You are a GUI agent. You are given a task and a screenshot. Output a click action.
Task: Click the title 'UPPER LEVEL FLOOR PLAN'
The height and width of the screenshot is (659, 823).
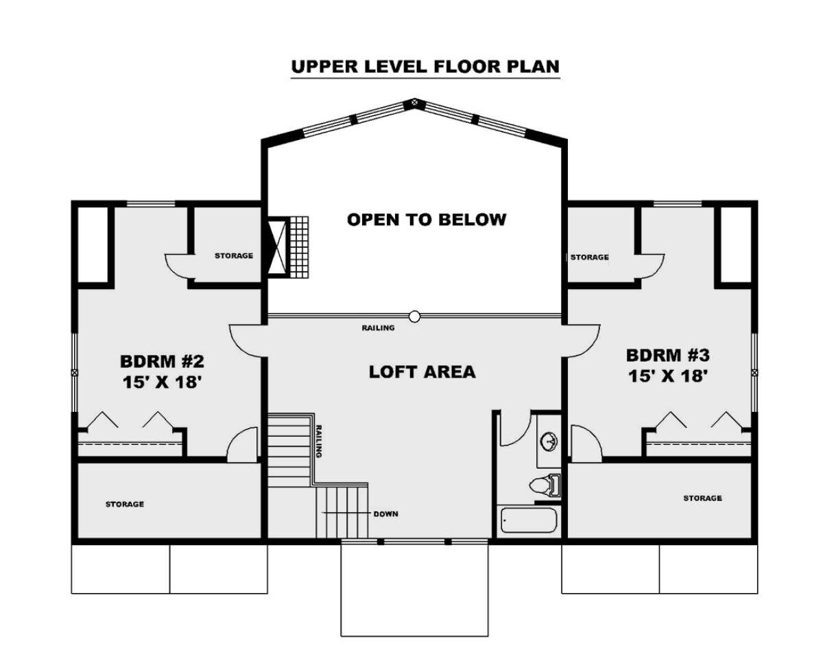(x=425, y=67)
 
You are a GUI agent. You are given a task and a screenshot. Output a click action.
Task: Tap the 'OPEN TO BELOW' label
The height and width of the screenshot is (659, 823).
(x=427, y=220)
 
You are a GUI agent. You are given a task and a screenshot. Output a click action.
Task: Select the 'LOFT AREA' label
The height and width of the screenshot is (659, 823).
(x=422, y=372)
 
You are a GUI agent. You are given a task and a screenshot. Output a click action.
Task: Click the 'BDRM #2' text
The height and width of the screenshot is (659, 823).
(x=162, y=361)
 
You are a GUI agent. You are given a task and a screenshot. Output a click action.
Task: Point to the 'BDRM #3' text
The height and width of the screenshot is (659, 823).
(x=668, y=356)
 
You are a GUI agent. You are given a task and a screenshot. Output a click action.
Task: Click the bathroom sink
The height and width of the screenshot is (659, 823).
(x=549, y=441)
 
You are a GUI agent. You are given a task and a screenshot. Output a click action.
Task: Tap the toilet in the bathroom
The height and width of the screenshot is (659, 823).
(x=545, y=485)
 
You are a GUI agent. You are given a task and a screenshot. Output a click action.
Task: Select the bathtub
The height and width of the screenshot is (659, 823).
(x=529, y=520)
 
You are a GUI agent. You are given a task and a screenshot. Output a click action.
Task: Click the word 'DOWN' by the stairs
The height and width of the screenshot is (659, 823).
(x=386, y=514)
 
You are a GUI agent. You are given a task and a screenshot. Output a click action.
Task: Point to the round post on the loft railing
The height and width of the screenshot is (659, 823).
(x=414, y=316)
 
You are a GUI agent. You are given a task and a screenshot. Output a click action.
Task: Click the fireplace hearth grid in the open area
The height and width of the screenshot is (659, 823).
(x=299, y=247)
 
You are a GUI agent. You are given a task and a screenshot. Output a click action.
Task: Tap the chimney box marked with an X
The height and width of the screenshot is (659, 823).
(x=277, y=247)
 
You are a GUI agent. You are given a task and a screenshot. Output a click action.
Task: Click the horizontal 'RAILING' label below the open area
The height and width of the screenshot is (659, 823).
(x=378, y=327)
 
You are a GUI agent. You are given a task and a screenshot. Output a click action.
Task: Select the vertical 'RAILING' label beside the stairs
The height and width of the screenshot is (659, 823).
(x=319, y=441)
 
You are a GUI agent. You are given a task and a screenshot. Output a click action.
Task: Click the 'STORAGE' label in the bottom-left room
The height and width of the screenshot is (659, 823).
(x=125, y=505)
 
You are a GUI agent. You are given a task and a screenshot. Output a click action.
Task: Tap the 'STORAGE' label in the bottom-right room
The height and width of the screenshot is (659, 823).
(x=702, y=498)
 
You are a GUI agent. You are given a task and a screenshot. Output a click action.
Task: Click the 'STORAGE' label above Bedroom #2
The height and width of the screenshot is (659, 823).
(x=234, y=255)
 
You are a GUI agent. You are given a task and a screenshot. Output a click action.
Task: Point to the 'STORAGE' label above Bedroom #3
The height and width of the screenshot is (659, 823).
(x=589, y=257)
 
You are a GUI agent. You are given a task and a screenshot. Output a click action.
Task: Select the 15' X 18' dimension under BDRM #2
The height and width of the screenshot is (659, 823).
(x=162, y=382)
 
